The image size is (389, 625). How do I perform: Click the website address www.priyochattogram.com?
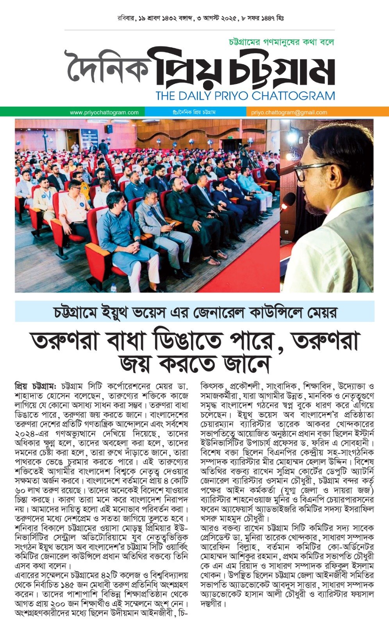[x=104, y=112]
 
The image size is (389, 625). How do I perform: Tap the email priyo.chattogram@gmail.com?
[x=289, y=112]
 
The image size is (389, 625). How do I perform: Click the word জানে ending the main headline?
[x=246, y=364]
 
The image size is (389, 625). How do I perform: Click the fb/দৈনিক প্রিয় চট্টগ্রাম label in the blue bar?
[x=194, y=112]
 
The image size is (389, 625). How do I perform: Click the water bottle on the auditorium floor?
[x=113, y=288]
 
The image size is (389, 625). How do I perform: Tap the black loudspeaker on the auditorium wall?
[x=110, y=129]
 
